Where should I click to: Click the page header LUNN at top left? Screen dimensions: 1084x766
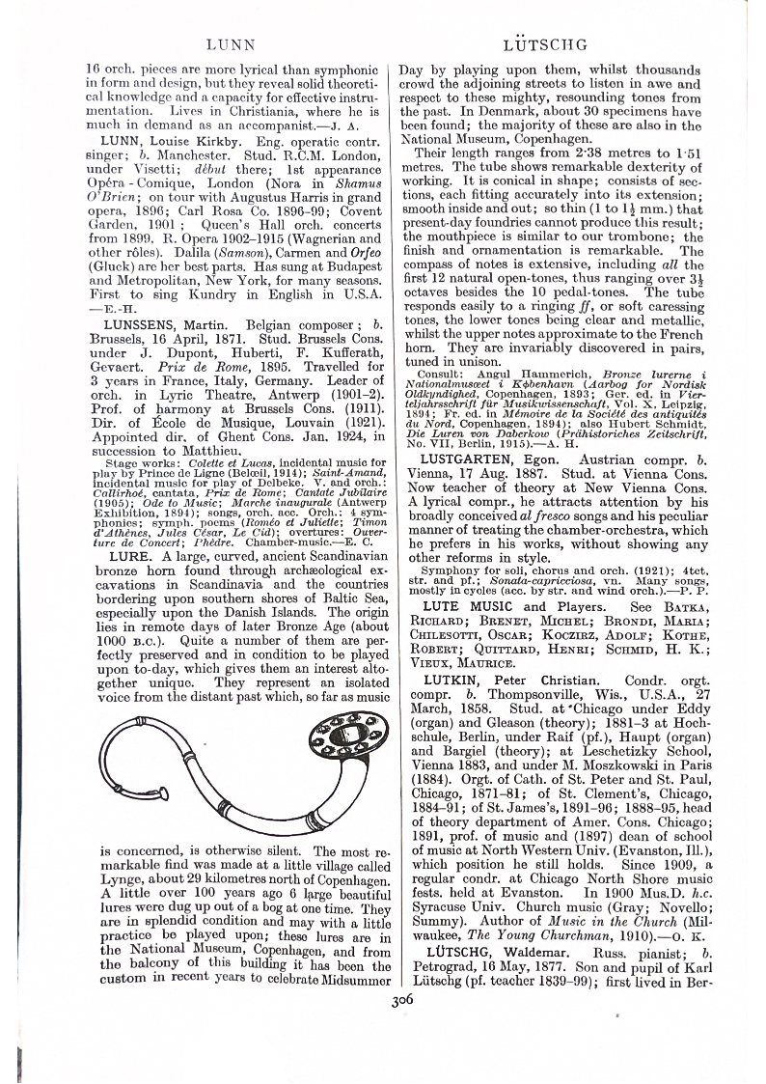(231, 44)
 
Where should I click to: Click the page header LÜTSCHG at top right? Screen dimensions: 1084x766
(546, 44)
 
